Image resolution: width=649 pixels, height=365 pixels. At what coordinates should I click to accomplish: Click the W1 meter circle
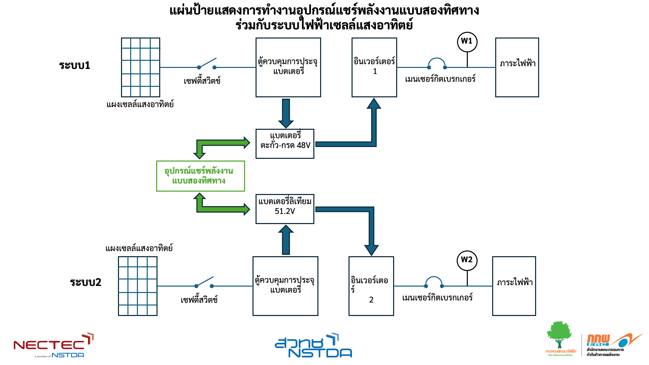[x=467, y=42]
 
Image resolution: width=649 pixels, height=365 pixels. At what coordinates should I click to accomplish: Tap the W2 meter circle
[x=467, y=260]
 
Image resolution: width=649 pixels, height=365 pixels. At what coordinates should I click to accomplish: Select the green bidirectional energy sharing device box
[x=200, y=176]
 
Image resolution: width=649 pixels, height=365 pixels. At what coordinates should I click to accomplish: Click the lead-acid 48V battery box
[x=285, y=144]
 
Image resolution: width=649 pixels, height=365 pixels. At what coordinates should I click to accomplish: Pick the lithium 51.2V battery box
[x=285, y=209]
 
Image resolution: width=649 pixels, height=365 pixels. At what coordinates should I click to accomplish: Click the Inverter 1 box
[x=374, y=67]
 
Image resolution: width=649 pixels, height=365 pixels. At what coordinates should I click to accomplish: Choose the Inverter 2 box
[x=371, y=286]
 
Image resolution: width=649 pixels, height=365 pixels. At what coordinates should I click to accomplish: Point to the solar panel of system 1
[x=141, y=67]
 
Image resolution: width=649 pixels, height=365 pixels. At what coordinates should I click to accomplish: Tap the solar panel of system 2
[x=138, y=286]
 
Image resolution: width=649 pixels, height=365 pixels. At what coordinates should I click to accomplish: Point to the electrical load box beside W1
[x=517, y=67]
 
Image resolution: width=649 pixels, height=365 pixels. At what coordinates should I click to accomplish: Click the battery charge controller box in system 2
[x=285, y=286]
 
